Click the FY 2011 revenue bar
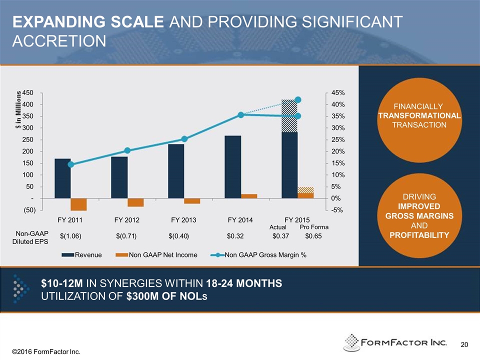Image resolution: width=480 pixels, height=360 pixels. (62, 178)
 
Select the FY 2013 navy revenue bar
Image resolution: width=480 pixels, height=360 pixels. (176, 171)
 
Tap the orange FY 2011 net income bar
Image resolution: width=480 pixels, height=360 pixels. (78, 204)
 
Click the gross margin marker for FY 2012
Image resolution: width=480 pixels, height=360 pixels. (127, 150)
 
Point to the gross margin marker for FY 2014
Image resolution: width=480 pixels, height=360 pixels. (241, 115)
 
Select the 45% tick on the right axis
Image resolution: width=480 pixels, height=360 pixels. (338, 93)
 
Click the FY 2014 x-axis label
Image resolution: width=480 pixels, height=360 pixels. (240, 220)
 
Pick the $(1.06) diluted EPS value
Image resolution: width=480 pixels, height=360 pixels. (70, 236)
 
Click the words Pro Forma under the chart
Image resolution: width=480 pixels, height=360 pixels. (313, 227)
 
